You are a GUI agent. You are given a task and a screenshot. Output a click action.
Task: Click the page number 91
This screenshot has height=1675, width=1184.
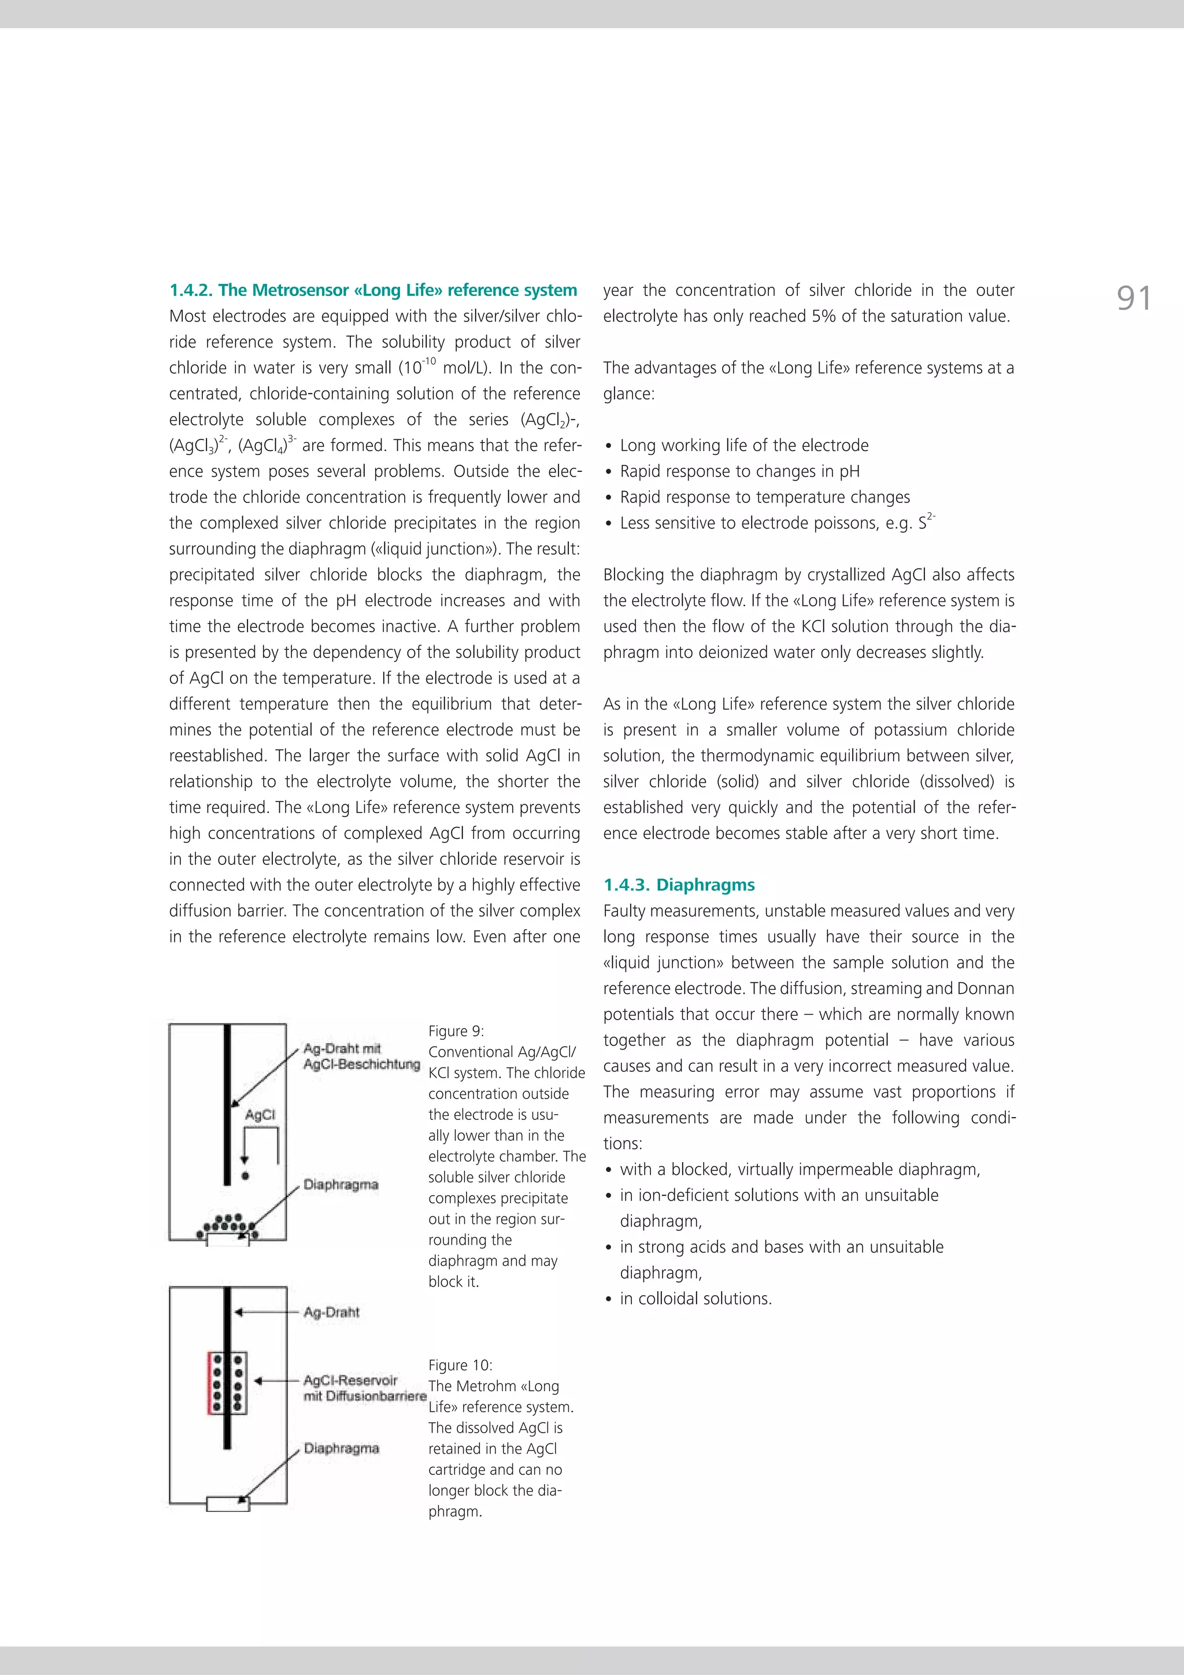[x=1134, y=298]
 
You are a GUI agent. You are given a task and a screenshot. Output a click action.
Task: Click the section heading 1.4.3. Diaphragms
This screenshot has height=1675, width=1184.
[x=679, y=885]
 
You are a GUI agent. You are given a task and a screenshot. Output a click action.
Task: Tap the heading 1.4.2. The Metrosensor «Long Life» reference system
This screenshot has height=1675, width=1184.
[x=373, y=290]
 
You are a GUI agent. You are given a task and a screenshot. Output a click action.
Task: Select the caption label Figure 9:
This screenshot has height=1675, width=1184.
[x=456, y=1031]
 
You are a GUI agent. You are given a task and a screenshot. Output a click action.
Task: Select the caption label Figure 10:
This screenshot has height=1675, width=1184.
[x=460, y=1365]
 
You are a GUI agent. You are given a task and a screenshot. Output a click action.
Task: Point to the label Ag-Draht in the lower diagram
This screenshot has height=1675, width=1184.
[x=331, y=1312]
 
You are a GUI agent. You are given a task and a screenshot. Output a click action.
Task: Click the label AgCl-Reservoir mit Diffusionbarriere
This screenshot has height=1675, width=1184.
[x=364, y=1388]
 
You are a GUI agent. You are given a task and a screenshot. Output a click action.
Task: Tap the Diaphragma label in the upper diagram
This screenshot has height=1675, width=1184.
[x=341, y=1185]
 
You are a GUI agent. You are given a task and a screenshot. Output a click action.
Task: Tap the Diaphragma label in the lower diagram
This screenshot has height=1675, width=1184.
[x=342, y=1448]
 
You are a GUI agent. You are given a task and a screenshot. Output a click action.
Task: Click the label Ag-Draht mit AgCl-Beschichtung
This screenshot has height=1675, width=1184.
[x=361, y=1056]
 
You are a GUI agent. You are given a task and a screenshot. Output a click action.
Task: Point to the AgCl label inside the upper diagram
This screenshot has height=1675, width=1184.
[x=260, y=1115]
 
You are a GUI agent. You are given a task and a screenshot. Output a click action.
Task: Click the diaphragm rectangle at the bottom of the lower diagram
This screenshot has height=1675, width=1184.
[x=228, y=1503]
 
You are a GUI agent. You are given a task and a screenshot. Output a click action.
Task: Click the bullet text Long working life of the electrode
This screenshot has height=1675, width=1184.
[x=743, y=446]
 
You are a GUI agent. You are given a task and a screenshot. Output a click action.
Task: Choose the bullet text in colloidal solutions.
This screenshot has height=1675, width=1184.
[x=695, y=1299]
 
